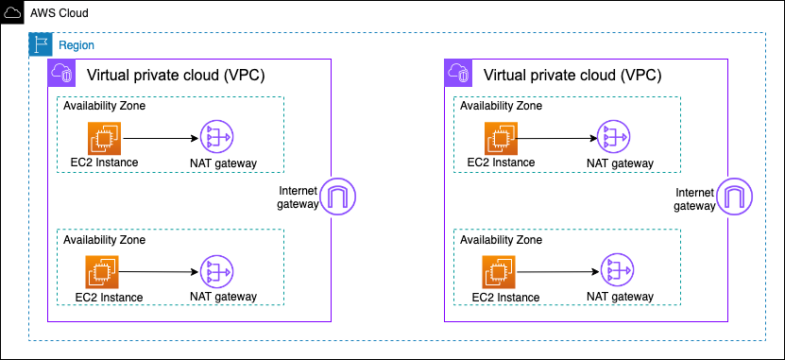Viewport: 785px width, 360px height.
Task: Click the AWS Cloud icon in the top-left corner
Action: [12, 12]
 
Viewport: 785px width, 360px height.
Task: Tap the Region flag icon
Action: [40, 44]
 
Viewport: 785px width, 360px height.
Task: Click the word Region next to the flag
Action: [77, 45]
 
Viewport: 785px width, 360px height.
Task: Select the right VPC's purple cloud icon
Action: [456, 72]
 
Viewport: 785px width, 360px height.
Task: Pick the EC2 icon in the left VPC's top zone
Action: [103, 138]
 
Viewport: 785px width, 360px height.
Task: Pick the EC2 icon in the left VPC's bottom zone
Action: [103, 272]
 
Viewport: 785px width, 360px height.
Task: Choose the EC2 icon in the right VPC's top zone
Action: [500, 138]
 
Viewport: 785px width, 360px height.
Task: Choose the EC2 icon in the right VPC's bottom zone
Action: [500, 272]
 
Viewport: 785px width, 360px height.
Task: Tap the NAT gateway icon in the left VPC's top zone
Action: [217, 139]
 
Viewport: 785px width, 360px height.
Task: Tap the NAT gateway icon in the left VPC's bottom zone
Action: [217, 272]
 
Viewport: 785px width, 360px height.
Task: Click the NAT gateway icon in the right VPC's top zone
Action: [614, 139]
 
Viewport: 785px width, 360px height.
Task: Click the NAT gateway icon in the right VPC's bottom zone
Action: [614, 272]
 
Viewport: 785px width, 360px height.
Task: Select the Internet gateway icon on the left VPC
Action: [335, 197]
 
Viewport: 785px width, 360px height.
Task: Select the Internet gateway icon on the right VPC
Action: [733, 197]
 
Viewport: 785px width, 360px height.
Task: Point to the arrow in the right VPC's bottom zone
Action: [557, 272]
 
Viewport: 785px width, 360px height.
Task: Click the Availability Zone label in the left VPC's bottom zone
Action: [104, 240]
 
